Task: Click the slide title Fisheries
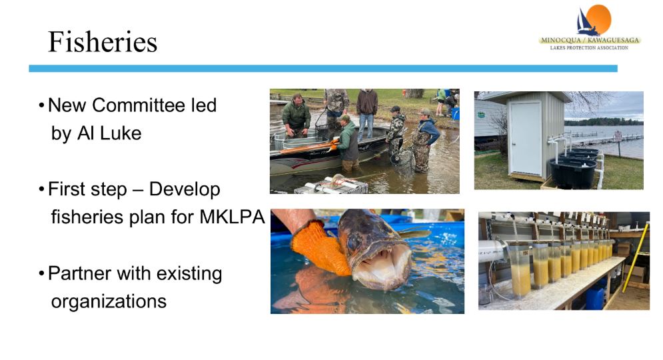click(103, 42)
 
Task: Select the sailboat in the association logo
click(586, 23)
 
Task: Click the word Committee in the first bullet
click(139, 105)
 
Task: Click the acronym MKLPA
click(232, 217)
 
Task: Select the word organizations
click(109, 301)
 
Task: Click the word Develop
click(185, 190)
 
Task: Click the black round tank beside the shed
click(573, 172)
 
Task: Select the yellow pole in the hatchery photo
click(636, 257)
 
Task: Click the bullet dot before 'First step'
click(41, 189)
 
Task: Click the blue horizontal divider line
click(323, 69)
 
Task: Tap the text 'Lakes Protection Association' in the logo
click(589, 48)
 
